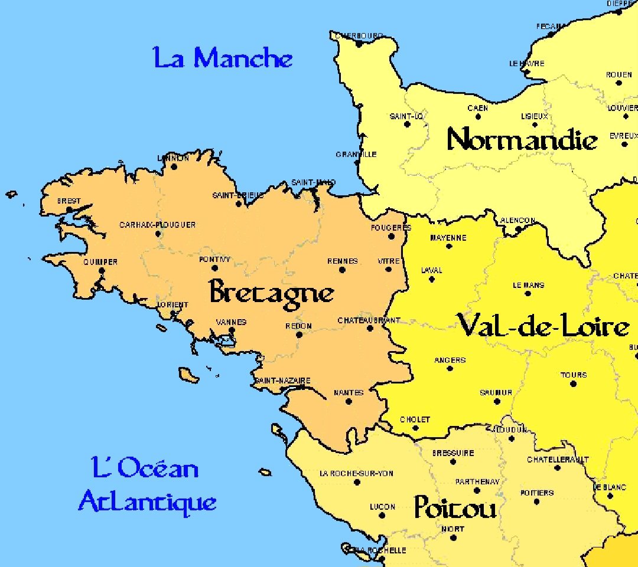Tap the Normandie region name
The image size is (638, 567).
pos(522,140)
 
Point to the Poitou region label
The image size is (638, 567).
pos(454,507)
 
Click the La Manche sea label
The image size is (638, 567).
pos(223,59)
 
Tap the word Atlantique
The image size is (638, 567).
pos(148,502)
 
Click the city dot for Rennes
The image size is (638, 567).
pos(342,270)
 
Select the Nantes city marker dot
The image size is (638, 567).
pos(349,401)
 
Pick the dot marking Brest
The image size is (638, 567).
pos(69,209)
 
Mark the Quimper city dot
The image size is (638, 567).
pos(101,271)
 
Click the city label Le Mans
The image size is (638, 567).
pos(528,285)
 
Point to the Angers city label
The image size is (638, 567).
pos(450,360)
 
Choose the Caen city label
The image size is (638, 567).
pos(477,108)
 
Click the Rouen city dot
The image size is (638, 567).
pos(619,83)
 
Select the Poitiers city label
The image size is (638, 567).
pos(537,493)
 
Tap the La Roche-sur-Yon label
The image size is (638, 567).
pos(356,473)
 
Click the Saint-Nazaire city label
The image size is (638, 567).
pos(282,381)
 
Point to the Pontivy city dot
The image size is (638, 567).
pos(215,268)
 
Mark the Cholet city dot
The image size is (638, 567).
pos(415,428)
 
